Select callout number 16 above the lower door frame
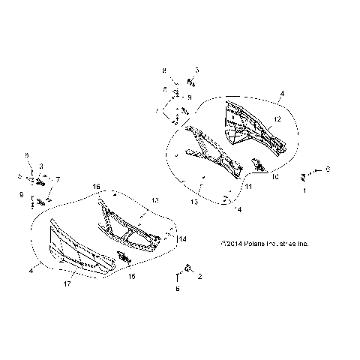point(96,185)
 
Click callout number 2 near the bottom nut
point(199,277)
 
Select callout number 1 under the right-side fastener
point(304,191)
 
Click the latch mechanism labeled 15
point(123,259)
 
